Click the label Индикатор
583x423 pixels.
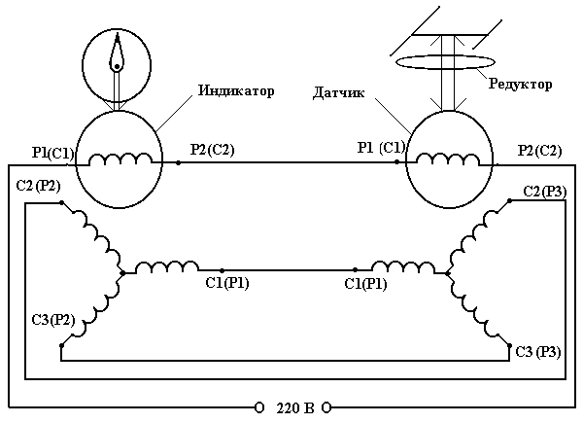coord(236,90)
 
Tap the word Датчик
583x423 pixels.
coord(338,93)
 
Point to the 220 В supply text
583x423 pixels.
coord(292,406)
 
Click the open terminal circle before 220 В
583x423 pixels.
coord(259,406)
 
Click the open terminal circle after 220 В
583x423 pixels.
coord(327,406)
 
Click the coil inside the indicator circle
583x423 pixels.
coord(116,159)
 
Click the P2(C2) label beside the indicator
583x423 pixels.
coord(212,150)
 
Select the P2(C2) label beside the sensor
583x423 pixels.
coord(539,150)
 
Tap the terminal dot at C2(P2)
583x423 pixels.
coord(60,203)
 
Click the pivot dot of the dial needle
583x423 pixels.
coord(116,67)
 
